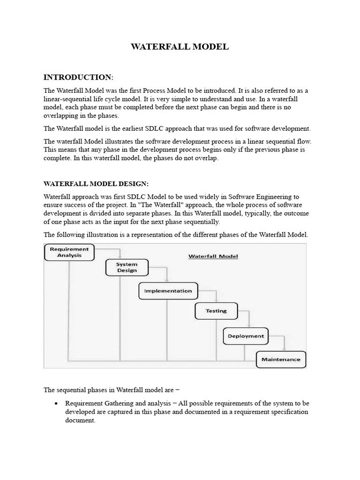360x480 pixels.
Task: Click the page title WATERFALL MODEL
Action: coord(180,47)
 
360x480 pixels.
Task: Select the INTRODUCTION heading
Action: coord(78,77)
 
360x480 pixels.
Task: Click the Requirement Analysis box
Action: coord(69,252)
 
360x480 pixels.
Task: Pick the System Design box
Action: coord(127,267)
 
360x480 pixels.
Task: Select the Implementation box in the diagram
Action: coord(168,291)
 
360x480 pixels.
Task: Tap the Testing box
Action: coord(216,311)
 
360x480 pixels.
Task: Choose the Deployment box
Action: coord(246,336)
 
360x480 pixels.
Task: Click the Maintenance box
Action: coord(281,360)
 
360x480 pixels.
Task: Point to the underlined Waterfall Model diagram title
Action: coord(213,256)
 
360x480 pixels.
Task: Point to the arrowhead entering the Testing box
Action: coord(216,301)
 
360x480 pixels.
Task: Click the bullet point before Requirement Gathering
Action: coord(56,404)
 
